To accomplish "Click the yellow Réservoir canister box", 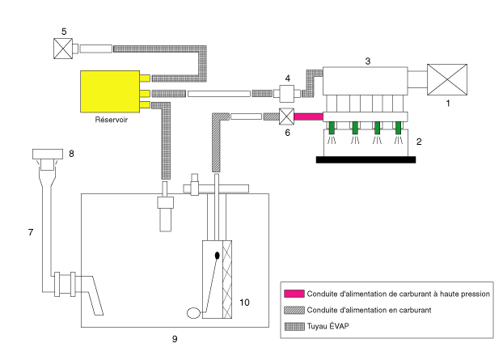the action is pos(110,91).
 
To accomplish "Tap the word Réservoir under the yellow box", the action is pos(112,120).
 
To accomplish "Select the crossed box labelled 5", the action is pos(63,49).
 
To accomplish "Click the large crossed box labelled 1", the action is pos(447,79).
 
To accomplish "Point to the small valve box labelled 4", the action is pos(287,93).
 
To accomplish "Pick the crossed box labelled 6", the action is pos(286,116).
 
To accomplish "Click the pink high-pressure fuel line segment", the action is pos(309,116).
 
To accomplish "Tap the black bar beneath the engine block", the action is pos(366,159).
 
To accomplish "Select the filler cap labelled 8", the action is pos(48,155).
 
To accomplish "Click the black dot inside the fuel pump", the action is pos(218,256).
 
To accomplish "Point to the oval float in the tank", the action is pos(193,313).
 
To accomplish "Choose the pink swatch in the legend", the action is pos(294,294).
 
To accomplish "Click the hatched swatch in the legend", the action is pos(294,310).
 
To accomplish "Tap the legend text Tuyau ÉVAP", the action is pos(328,326).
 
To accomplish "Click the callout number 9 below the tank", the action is pos(175,339).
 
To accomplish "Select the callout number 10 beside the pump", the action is pos(244,303).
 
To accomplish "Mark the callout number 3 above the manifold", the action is pos(368,61).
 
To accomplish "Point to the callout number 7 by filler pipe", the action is pos(31,232).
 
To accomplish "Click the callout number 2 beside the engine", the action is pos(419,142).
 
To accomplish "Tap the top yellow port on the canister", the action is pos(145,78).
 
